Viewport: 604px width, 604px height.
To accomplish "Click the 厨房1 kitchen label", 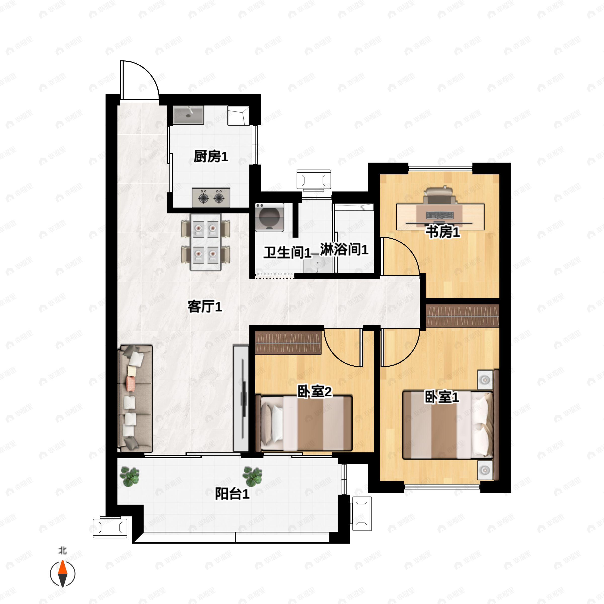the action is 211,156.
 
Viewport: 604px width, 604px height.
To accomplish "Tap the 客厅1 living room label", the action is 205,307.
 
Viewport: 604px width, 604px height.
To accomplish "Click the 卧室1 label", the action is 441,397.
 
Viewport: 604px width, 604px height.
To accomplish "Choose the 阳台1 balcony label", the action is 232,494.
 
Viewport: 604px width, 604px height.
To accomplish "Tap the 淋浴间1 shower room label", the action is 344,249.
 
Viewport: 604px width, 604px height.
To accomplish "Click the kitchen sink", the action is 188,115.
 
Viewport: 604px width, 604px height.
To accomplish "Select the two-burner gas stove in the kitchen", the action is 211,197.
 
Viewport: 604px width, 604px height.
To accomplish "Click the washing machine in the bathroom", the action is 270,217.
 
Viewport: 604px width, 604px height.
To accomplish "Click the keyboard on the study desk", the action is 440,215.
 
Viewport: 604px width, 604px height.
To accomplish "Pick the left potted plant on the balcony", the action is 129,476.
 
